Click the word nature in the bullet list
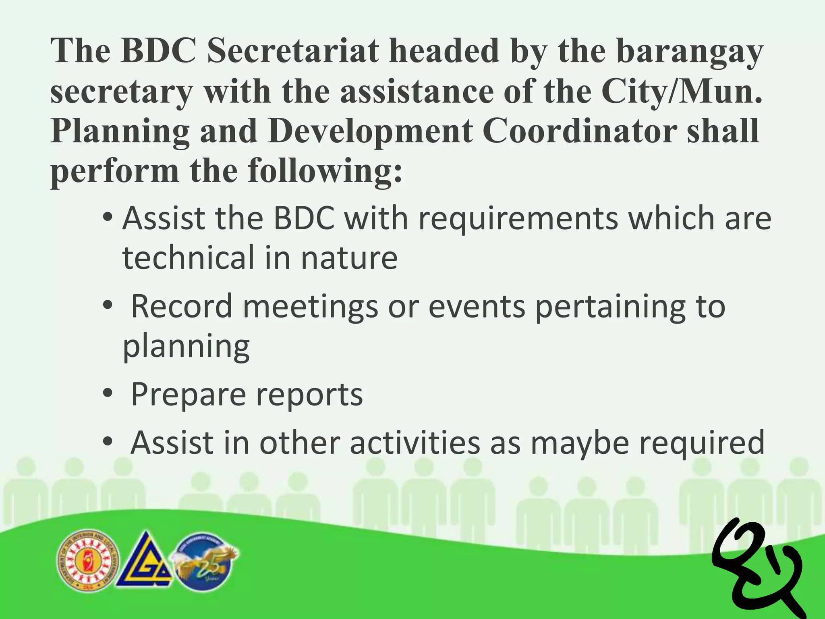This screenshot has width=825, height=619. point(349,259)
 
